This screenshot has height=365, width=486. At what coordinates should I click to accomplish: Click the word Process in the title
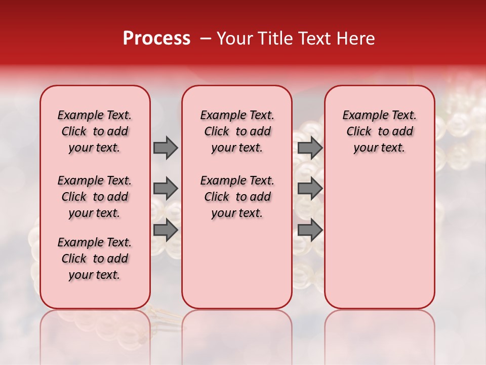click(x=156, y=39)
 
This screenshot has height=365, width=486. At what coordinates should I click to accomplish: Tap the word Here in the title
click(x=354, y=39)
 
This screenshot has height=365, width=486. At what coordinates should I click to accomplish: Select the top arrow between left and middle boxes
click(x=165, y=148)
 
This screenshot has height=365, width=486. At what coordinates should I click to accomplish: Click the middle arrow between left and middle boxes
click(x=165, y=189)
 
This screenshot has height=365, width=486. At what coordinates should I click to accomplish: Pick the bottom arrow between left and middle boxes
click(x=165, y=230)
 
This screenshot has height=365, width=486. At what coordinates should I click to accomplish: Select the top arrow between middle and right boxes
click(x=310, y=148)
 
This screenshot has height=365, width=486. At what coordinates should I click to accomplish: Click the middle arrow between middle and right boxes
click(x=310, y=189)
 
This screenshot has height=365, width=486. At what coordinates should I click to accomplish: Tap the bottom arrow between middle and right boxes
click(x=310, y=230)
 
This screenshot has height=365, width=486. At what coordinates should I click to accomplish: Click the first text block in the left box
click(x=95, y=131)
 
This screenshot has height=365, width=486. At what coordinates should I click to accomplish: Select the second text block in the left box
click(x=95, y=197)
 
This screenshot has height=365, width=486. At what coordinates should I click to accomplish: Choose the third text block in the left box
click(x=95, y=259)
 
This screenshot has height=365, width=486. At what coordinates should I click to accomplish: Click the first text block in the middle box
click(x=237, y=131)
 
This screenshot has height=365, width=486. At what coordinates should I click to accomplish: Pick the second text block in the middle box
click(x=237, y=197)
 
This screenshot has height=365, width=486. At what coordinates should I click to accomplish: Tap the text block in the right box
click(x=380, y=131)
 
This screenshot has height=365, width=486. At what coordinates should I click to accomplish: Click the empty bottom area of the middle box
click(x=237, y=269)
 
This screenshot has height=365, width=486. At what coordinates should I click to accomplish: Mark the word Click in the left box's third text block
click(x=74, y=259)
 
